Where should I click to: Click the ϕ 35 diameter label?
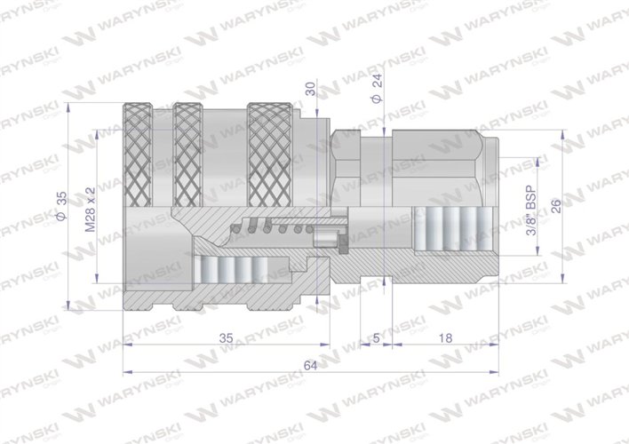pos(60,205)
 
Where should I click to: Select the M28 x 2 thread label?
pos(90,210)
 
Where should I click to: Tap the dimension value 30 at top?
pos(310,90)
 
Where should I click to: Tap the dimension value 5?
pos(377,337)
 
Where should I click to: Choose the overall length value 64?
pos(311,365)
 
